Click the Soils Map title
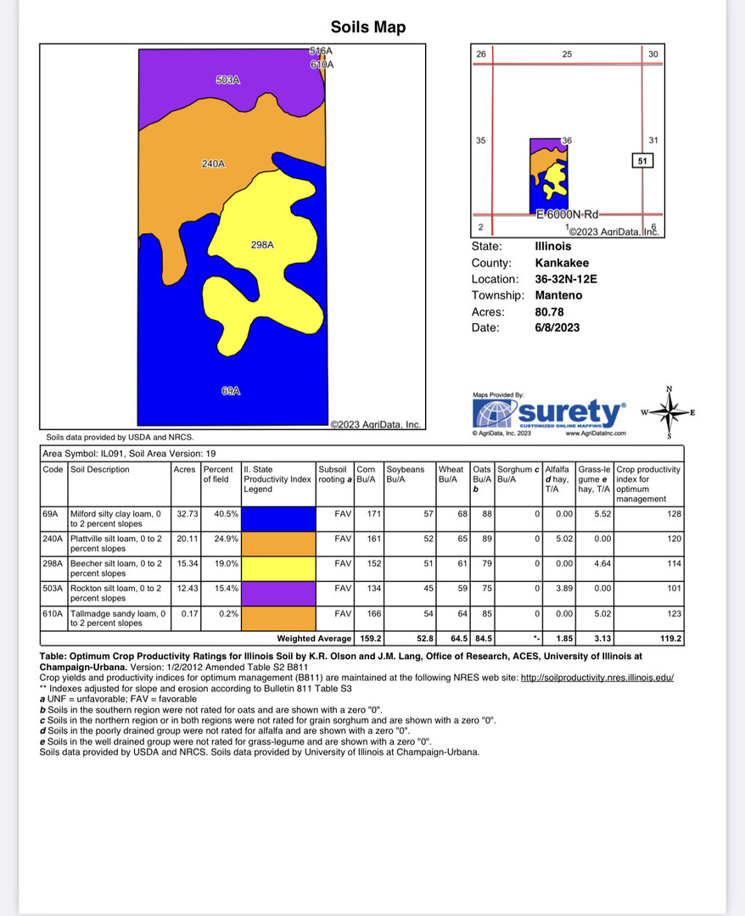pyautogui.click(x=368, y=27)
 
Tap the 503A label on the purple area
pyautogui.click(x=228, y=81)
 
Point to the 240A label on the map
pyautogui.click(x=213, y=164)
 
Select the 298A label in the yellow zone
pyautogui.click(x=262, y=245)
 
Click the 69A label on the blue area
pyautogui.click(x=231, y=391)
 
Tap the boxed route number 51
pyautogui.click(x=642, y=161)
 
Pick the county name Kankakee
pyautogui.click(x=562, y=263)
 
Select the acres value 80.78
pyautogui.click(x=550, y=311)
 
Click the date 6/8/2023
pyautogui.click(x=557, y=327)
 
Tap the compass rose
pyautogui.click(x=669, y=413)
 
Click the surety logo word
pyautogui.click(x=569, y=414)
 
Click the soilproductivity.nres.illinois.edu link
pyautogui.click(x=597, y=678)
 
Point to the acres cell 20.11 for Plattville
pyautogui.click(x=185, y=539)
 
